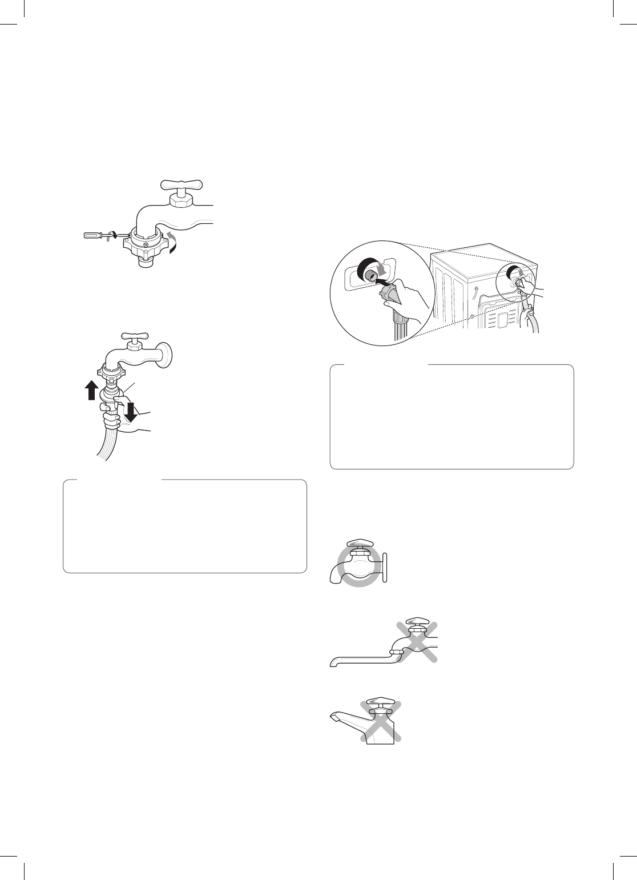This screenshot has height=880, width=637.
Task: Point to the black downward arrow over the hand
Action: click(132, 411)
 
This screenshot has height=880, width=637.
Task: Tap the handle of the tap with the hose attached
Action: click(134, 336)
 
